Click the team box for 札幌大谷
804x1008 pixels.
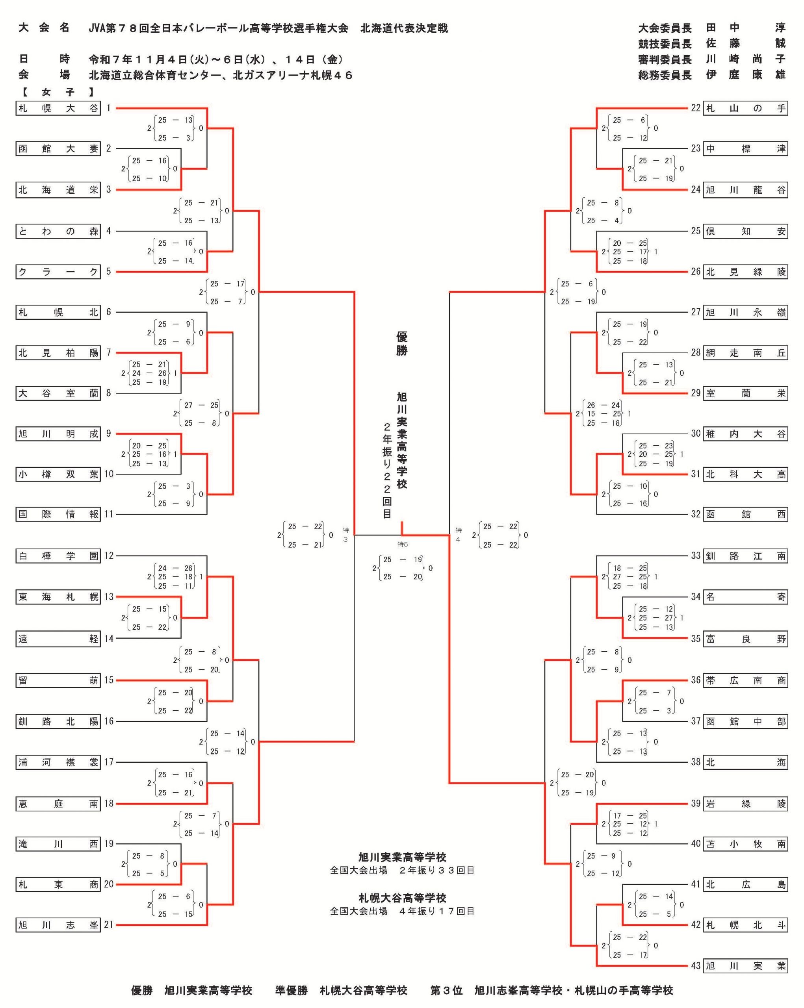58,108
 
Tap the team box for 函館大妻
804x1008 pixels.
58,149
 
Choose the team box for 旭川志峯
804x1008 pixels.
58,925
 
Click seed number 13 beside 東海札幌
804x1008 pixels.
108,597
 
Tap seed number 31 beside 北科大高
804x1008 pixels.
696,474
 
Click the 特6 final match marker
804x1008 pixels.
402,544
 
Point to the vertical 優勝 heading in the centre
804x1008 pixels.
402,344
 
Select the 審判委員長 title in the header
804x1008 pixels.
665,60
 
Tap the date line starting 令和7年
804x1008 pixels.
216,59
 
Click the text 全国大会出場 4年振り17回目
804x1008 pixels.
402,911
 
